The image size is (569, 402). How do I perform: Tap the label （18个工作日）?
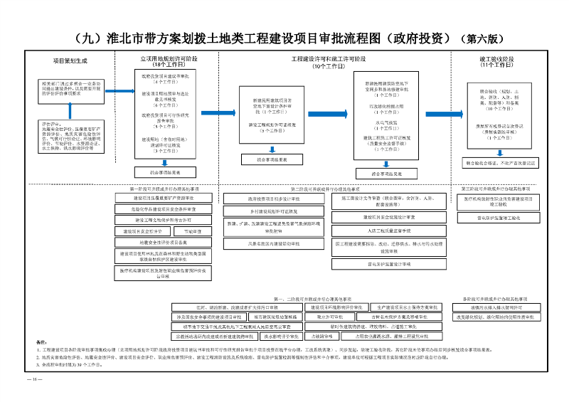point(169,64)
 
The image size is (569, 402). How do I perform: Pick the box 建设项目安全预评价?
point(142,231)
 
